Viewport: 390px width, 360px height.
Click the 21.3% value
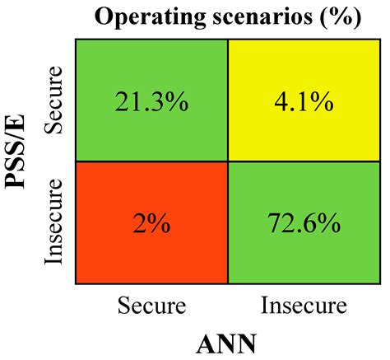[151, 101]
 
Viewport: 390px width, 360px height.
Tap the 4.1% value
[304, 101]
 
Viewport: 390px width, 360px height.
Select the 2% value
[151, 223]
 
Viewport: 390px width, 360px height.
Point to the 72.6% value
[304, 223]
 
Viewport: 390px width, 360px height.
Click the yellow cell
[304, 101]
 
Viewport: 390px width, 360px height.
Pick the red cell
[151, 222]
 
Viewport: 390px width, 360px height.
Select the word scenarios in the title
[262, 17]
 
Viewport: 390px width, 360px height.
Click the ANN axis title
[226, 344]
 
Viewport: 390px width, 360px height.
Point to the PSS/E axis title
[15, 152]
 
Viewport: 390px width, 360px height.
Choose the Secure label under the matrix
[151, 306]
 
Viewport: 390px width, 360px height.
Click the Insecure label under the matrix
[304, 306]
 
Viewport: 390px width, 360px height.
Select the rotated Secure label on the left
[53, 101]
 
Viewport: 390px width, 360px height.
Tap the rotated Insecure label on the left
[53, 222]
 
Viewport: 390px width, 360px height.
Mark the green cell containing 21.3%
[151, 101]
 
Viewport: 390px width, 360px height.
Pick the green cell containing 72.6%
[304, 222]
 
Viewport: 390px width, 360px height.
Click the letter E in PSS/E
[15, 121]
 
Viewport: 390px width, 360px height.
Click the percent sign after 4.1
[323, 101]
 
